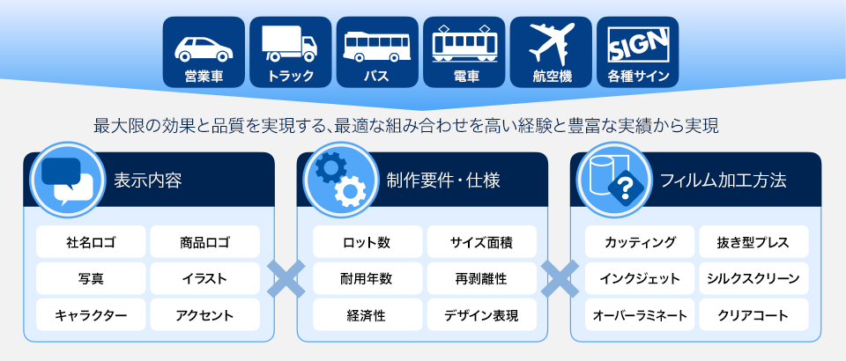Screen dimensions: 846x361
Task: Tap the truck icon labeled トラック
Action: coord(290,43)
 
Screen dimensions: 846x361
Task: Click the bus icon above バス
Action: coord(376,47)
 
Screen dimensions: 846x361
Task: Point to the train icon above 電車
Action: coord(464,44)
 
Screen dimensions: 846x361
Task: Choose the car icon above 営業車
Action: coord(204,49)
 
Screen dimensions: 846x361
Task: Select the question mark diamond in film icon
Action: coord(626,188)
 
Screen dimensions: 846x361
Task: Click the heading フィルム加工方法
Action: coord(724,180)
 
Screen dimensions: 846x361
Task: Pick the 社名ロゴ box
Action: coord(91,242)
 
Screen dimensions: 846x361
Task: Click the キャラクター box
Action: coord(91,314)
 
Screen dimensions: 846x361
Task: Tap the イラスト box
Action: coord(204,278)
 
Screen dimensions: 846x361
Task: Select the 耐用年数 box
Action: coord(367,278)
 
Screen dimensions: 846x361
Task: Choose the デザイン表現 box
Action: coord(482,314)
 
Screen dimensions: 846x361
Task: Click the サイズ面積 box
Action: coord(482,242)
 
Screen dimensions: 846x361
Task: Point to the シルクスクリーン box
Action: coord(753,278)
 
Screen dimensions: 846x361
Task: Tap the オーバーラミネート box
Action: coord(640,314)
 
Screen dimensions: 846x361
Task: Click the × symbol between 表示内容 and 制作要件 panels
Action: coord(286,279)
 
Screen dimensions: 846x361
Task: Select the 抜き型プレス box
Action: coord(753,242)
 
